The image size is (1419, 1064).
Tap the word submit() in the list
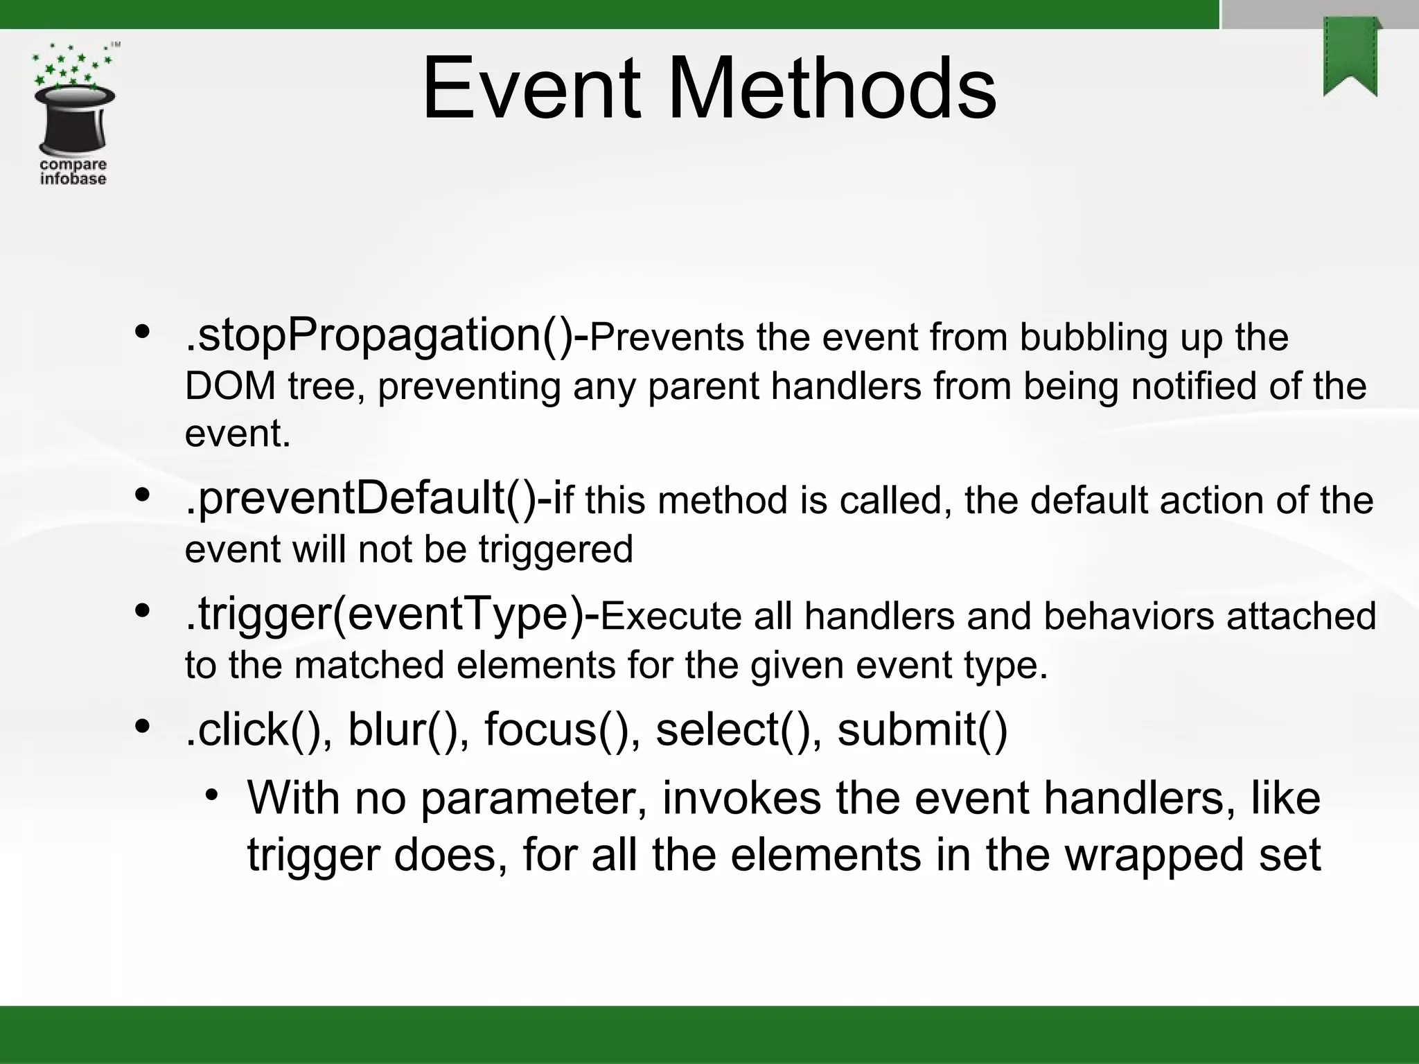[922, 730]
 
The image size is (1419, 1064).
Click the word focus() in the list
[562, 730]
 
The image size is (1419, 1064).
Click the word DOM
[230, 386]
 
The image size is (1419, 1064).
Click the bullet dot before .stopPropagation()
[143, 333]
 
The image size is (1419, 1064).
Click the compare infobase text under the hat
[73, 172]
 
